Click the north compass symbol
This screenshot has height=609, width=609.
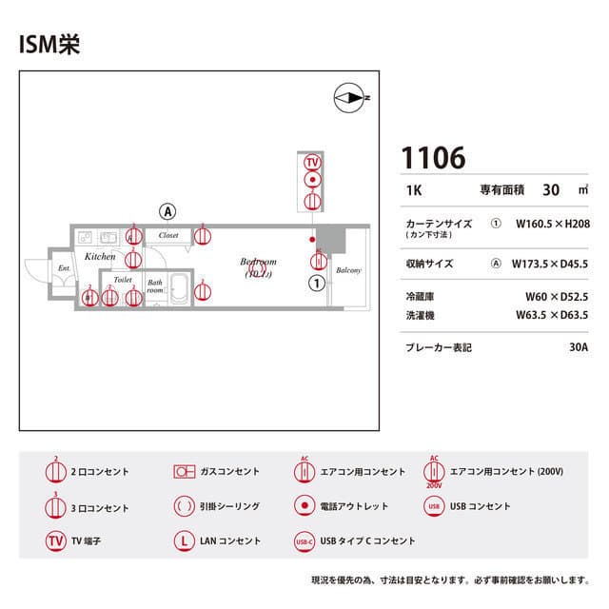coord(350,97)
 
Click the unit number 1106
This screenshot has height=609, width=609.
coord(433,158)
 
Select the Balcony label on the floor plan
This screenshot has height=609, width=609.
coord(348,270)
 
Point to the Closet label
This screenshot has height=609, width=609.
coord(168,234)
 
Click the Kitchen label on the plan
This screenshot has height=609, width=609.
coord(100,257)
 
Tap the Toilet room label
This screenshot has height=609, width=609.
coord(122,280)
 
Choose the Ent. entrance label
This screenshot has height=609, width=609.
coord(65,269)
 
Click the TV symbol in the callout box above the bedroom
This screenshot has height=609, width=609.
coord(311,161)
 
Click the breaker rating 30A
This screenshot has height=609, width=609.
coord(579,347)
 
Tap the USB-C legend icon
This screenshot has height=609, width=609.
coord(304,540)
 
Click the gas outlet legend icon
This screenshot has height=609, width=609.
coord(184,471)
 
